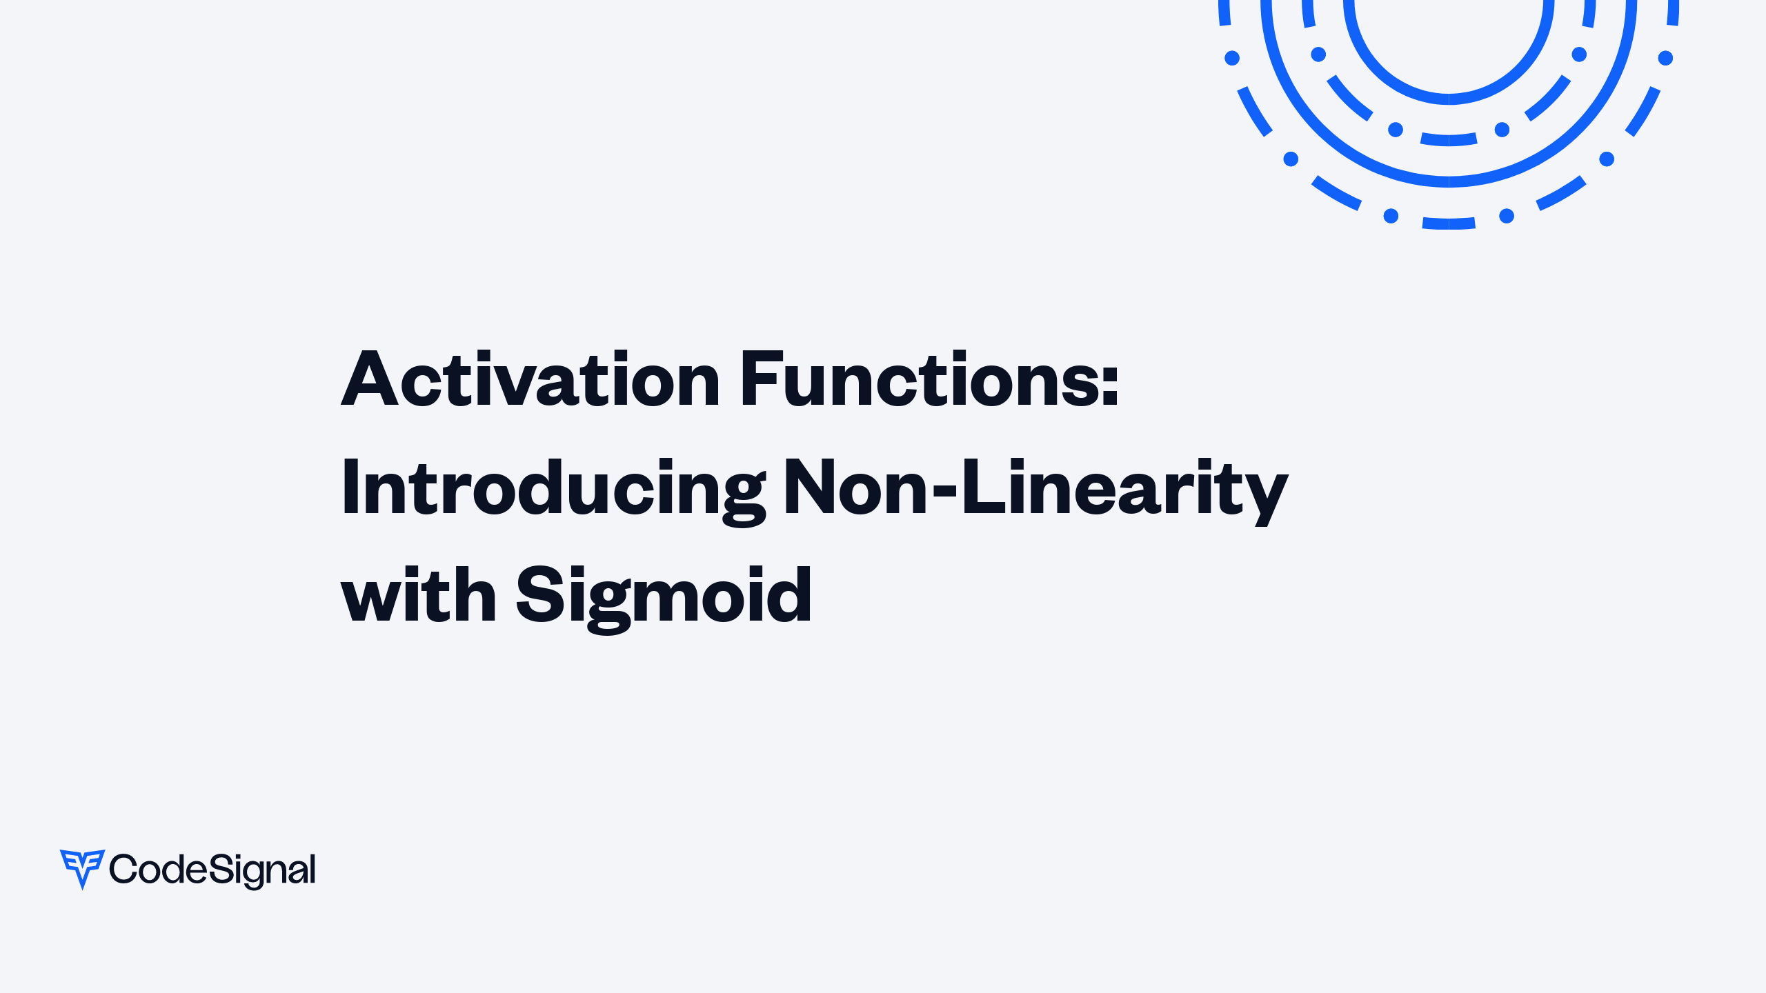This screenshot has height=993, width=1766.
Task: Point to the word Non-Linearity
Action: (1035, 488)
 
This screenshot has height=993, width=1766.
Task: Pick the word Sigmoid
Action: (664, 595)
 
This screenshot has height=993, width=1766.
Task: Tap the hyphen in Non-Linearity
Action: (944, 490)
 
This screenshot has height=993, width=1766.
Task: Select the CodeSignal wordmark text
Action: (212, 870)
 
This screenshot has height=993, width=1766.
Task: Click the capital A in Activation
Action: (370, 379)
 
